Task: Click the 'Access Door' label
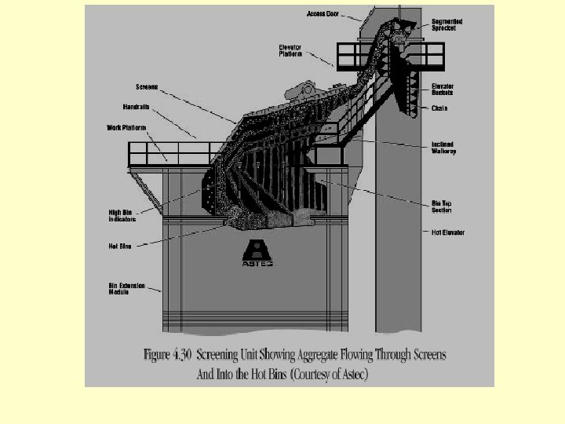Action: point(322,14)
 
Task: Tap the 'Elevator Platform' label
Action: point(290,50)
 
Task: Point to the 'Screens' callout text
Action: point(147,86)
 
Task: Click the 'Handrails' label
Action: point(136,106)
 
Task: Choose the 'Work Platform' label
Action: point(126,127)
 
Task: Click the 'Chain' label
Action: point(439,108)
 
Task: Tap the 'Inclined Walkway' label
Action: point(443,147)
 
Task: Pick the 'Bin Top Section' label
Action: point(442,207)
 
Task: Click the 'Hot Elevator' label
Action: point(448,232)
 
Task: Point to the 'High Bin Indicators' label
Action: point(122,216)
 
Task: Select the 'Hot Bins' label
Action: point(119,247)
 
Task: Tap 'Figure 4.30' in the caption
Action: point(169,355)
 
